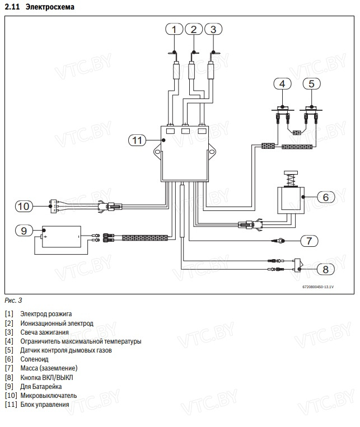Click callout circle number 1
tap(175, 29)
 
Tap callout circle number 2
tap(194, 29)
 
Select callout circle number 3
tap(213, 29)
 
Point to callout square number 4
tap(283, 84)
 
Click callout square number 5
tap(312, 84)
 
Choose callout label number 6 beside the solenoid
tap(325, 197)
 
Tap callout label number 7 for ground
tap(309, 241)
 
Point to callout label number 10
tap(23, 206)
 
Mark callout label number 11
tap(137, 140)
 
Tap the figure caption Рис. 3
tap(13, 300)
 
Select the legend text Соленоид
tap(34, 359)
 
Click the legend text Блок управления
tap(45, 405)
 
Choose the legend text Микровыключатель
tap(49, 396)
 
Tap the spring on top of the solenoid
tap(290, 180)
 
